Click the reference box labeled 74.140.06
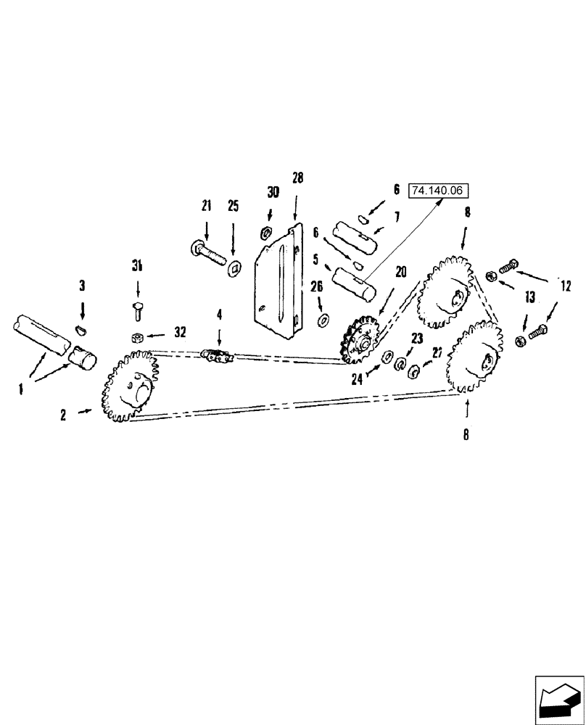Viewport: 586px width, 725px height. [440, 191]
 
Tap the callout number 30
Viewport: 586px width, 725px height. [273, 192]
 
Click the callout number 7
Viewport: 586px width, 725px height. [397, 217]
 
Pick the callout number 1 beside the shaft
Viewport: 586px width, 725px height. [22, 389]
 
